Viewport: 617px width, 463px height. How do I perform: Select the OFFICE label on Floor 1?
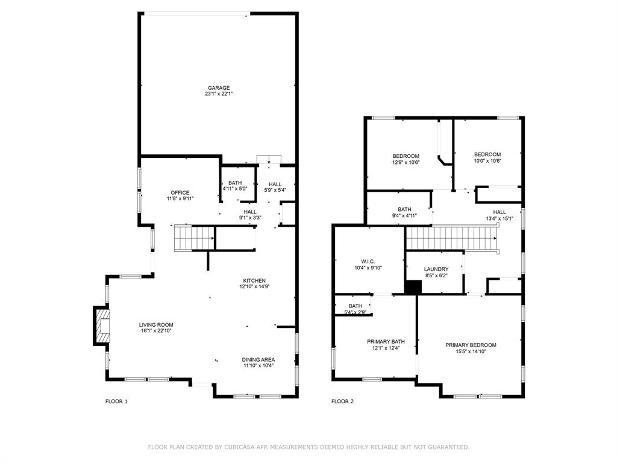click(x=180, y=193)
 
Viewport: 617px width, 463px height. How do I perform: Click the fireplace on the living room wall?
click(x=102, y=326)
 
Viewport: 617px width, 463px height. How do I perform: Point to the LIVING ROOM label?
click(x=156, y=325)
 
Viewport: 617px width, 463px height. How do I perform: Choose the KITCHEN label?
click(x=254, y=281)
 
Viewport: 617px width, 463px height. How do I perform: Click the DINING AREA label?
click(x=258, y=359)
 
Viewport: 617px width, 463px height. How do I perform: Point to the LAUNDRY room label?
click(x=436, y=269)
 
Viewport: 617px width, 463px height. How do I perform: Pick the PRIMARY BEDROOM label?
click(x=471, y=345)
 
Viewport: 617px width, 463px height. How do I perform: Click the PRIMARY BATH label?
click(x=386, y=342)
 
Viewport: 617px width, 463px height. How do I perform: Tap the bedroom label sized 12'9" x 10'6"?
click(x=406, y=156)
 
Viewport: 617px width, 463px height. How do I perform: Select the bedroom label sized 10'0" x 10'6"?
click(x=487, y=154)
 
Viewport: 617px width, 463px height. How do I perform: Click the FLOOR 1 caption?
click(x=116, y=402)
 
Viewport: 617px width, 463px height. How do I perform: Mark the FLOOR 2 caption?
click(x=342, y=402)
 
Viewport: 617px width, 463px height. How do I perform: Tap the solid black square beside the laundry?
click(x=412, y=288)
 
